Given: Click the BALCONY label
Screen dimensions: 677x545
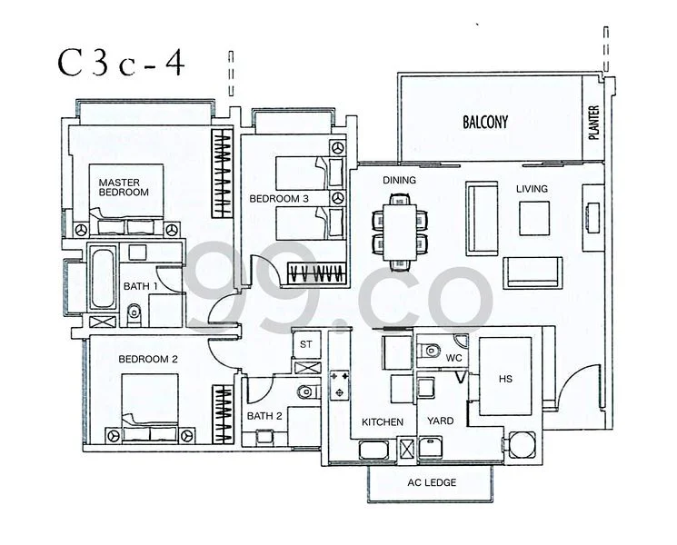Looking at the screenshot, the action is click(485, 122).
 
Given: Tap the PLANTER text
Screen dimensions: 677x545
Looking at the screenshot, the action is click(593, 123).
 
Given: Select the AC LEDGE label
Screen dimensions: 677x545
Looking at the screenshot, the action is click(432, 482).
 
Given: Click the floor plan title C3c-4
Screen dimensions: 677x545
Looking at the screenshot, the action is click(122, 63).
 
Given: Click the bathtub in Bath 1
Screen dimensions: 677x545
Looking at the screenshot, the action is click(103, 277).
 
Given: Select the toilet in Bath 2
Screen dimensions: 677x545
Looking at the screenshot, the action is click(308, 391).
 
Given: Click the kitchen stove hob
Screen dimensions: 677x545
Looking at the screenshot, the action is click(339, 385).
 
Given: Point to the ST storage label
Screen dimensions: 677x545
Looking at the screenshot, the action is click(305, 344).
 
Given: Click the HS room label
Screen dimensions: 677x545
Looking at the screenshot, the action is click(505, 379).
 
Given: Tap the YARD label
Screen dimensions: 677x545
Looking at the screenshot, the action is click(440, 421).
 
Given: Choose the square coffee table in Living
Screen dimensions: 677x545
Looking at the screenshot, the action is click(534, 218).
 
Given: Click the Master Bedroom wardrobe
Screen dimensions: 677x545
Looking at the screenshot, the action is click(222, 173).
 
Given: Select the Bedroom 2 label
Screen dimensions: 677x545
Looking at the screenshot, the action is click(148, 359).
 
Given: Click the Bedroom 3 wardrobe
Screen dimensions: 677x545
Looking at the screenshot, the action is click(317, 273).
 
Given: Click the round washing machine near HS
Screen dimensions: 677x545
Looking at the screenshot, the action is click(522, 445).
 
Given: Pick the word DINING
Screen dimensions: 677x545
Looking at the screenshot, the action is click(399, 180).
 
